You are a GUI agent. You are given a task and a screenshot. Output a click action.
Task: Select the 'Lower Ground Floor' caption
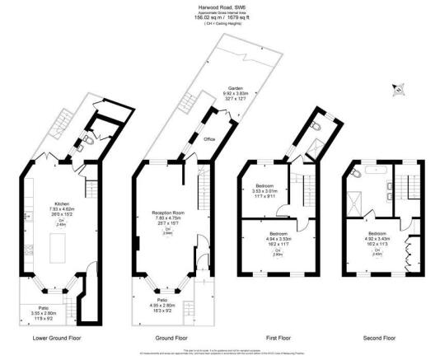57,338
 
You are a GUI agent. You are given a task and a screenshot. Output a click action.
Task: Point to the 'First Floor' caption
275,338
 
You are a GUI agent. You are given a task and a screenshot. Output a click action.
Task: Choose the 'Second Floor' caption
380,338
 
